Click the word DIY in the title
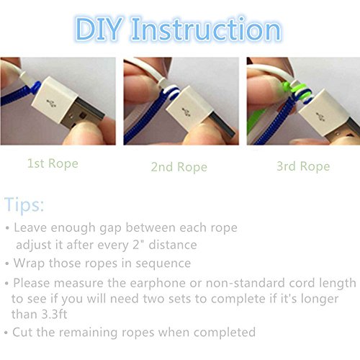point(99,30)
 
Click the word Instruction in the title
point(206,30)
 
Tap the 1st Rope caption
point(53,163)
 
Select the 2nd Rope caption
point(179,167)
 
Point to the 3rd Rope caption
point(303,166)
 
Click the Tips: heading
point(24,204)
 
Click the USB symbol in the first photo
point(51,104)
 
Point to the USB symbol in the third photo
point(319,117)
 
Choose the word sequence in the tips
point(163,264)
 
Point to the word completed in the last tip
point(225,333)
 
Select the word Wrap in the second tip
point(29,264)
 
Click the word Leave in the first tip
point(30,228)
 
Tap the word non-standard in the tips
point(246,283)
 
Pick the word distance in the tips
point(173,245)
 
